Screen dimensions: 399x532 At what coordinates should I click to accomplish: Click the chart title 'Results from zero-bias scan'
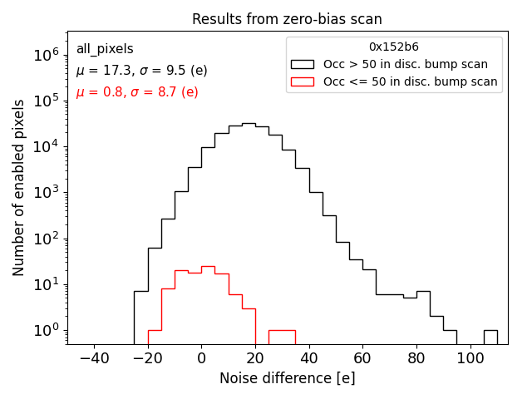287,19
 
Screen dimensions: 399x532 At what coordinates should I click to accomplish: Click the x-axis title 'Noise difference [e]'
287,378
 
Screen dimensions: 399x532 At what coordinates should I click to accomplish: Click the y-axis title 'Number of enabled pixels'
19,188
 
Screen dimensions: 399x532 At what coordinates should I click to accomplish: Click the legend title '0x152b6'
394,47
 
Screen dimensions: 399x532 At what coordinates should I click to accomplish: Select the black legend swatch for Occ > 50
303,64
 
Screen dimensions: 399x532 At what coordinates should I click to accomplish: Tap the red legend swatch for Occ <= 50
303,81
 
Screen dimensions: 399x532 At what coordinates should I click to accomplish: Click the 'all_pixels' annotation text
105,49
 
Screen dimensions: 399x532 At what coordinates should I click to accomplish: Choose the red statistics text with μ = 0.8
137,92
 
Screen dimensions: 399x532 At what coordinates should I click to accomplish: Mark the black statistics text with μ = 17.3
142,71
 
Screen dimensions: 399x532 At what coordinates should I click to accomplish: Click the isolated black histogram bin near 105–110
490,337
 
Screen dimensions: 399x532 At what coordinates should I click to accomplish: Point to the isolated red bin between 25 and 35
282,337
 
